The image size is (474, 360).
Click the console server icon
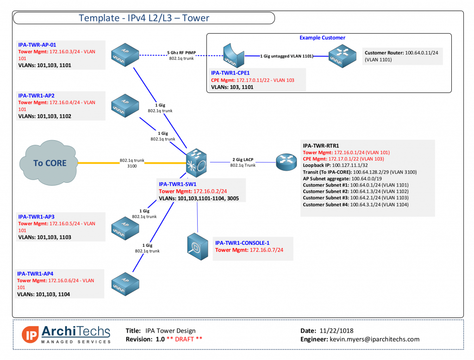(x=196, y=248)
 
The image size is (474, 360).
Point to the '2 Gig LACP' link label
(x=243, y=160)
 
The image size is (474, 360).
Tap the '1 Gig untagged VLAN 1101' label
(x=286, y=56)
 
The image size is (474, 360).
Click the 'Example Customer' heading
(x=322, y=38)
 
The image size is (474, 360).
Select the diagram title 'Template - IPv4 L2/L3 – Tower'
(x=144, y=18)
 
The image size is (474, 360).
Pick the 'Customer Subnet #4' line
(x=355, y=204)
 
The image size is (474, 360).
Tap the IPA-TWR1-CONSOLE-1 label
(x=242, y=243)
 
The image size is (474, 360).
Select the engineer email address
(x=374, y=339)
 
